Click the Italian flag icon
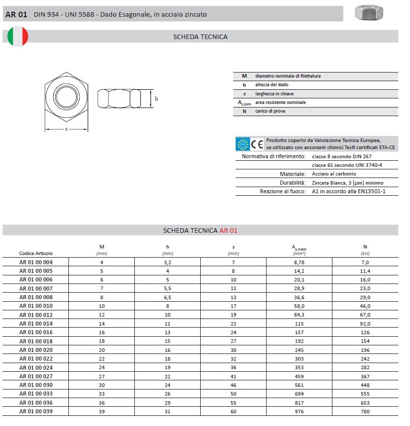coord(18,37)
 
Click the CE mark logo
coord(257,144)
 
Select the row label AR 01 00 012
coord(36,315)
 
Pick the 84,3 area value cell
coord(300,315)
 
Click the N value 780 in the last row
coord(365,411)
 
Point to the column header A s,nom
coord(299,248)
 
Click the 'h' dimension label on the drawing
coord(156,99)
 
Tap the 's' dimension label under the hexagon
coord(66,129)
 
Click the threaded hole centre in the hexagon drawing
coord(66,95)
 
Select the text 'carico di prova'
coord(270,111)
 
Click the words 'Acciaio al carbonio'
coord(334,174)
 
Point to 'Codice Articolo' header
coord(36,253)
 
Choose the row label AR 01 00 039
coord(36,411)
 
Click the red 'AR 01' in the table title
coord(228,230)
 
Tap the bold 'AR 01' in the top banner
coord(16,14)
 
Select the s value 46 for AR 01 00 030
coord(234,385)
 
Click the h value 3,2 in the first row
coord(168,262)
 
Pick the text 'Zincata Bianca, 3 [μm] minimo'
coord(348,183)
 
